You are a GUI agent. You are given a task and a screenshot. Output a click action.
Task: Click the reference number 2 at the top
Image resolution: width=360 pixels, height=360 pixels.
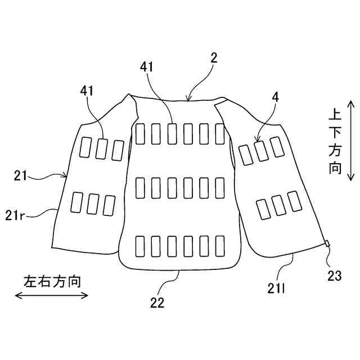point(214,58)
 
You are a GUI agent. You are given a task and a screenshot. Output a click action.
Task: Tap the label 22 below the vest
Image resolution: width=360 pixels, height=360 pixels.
point(157,302)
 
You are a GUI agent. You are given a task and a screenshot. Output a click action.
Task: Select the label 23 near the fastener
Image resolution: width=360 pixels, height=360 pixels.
point(334,276)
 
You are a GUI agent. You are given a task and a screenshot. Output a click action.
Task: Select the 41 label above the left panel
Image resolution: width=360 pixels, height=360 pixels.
point(87,90)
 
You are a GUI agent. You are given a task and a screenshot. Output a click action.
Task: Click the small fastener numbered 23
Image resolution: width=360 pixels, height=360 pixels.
point(326,243)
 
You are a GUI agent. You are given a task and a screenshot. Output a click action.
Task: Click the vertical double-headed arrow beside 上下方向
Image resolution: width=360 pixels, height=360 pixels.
point(350,141)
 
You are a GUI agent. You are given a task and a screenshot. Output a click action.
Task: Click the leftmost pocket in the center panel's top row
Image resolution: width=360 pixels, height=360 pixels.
point(141,133)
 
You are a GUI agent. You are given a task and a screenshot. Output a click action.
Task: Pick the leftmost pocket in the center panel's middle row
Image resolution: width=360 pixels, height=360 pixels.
point(141,187)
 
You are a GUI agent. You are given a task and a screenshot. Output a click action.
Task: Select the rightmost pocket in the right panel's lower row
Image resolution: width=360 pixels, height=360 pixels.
point(294,201)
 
